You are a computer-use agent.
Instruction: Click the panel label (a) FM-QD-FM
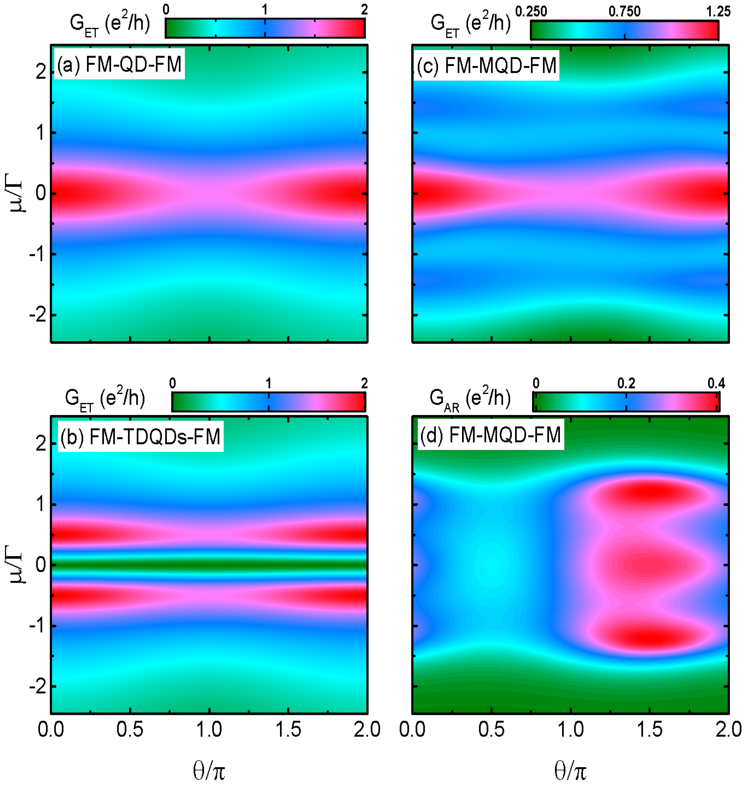point(119,64)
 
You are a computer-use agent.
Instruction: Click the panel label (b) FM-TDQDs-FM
point(140,436)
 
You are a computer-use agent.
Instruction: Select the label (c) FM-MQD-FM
point(486,65)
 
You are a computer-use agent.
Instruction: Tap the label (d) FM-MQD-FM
point(491,435)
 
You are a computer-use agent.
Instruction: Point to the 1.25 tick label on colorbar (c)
point(718,12)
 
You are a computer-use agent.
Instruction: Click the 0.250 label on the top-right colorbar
point(531,12)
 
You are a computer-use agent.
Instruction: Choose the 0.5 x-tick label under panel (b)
point(130,729)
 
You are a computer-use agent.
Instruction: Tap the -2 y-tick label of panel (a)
point(38,315)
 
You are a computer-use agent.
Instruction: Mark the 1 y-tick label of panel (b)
point(40,504)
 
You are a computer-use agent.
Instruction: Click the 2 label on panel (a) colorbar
point(364,10)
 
